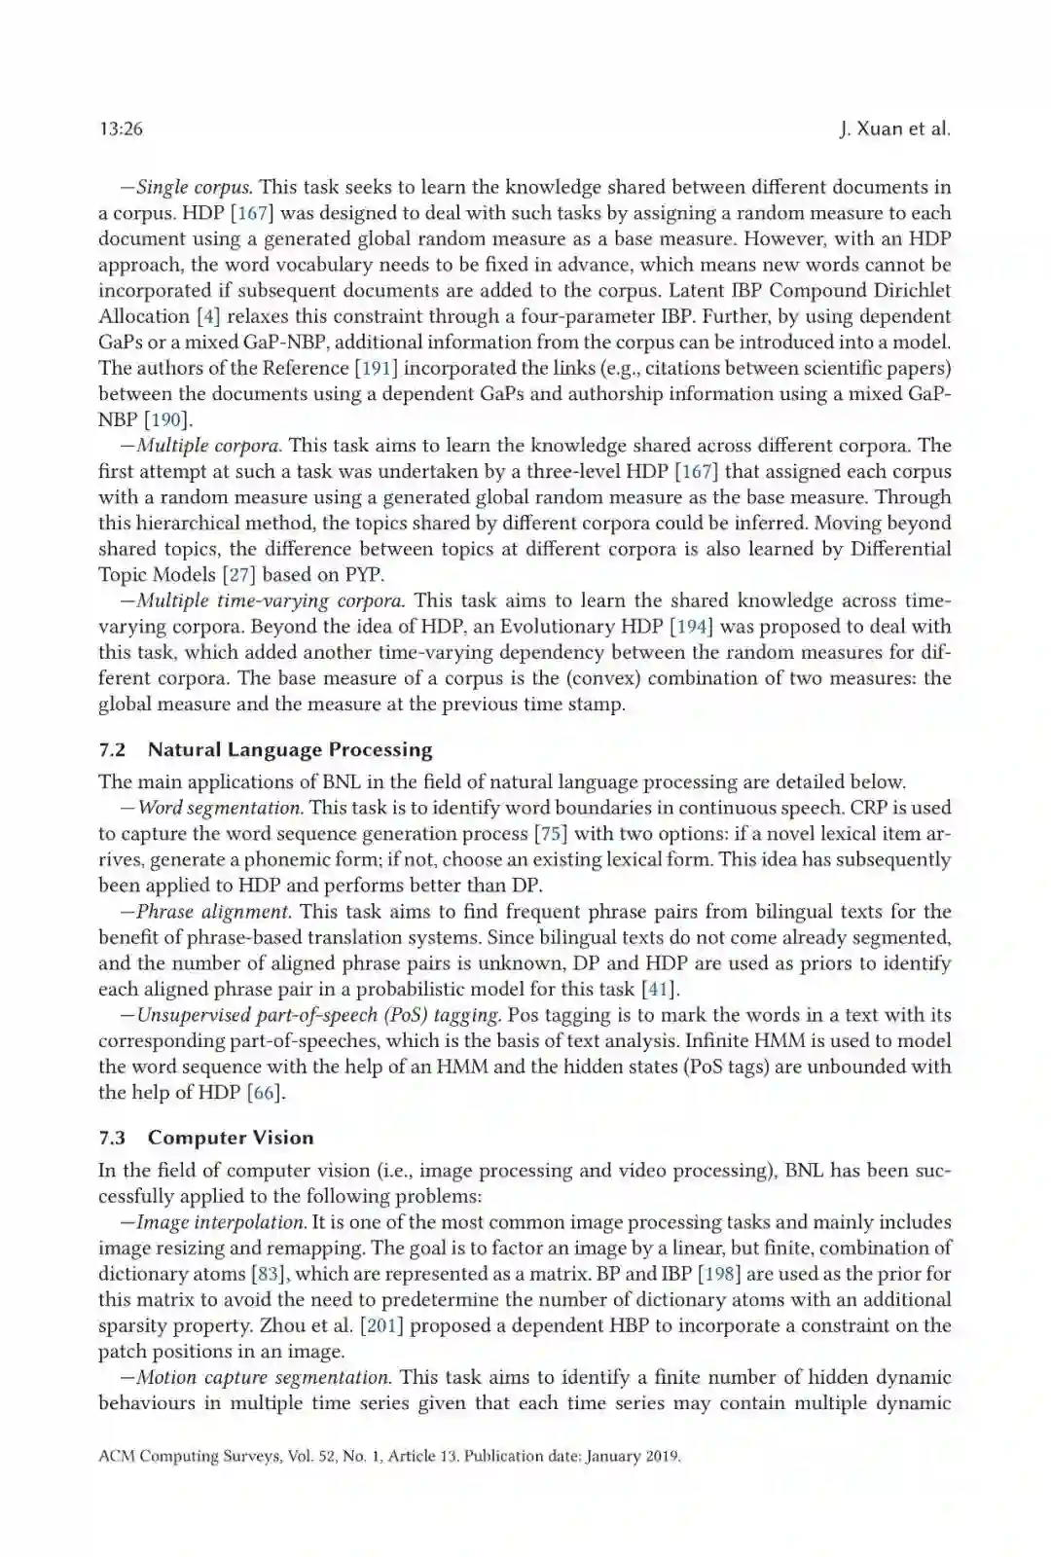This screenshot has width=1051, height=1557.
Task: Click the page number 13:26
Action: (x=121, y=129)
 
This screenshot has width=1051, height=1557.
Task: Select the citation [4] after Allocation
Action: (x=208, y=316)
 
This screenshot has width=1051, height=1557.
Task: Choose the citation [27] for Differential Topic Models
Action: (x=239, y=575)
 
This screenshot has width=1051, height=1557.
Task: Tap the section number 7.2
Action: (x=112, y=750)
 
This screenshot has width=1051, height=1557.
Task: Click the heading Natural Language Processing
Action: (x=290, y=750)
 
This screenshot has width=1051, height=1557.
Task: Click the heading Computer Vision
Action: (x=231, y=1139)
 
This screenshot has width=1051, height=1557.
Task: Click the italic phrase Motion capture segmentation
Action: (x=264, y=1378)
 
